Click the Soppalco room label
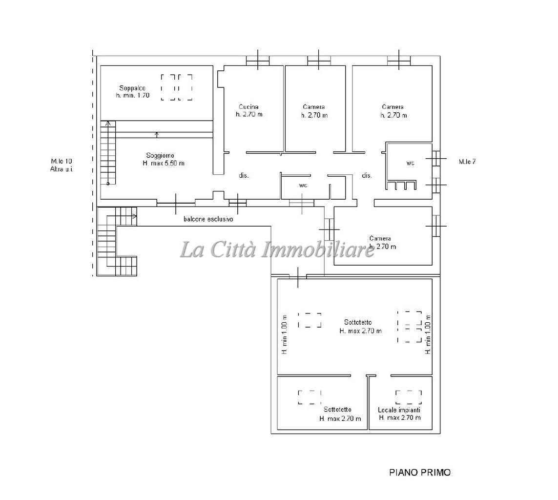coord(132,88)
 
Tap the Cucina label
coord(248,107)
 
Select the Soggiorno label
coord(160,155)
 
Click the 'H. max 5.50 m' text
coord(164,164)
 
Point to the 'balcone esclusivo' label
coord(208,219)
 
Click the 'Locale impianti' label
coord(399,410)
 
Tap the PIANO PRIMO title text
coord(420,472)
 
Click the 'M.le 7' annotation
coord(467,162)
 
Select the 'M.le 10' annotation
coord(61,161)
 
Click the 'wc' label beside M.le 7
coord(410,163)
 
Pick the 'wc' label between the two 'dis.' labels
coord(303,185)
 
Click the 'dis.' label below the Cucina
coord(244,175)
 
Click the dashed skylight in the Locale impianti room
coord(409,397)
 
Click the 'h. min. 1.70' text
coord(132,95)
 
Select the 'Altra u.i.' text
coord(61,169)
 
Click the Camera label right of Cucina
coord(314,107)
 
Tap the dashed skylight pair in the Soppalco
coord(177,87)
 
